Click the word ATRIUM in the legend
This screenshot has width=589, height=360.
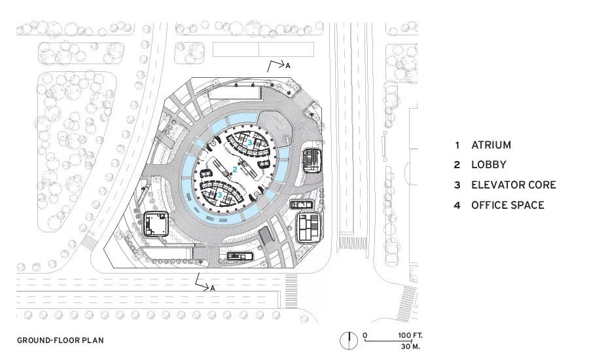tap(491, 145)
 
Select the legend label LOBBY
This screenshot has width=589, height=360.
tap(489, 164)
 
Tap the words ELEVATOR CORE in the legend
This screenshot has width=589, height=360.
tap(514, 185)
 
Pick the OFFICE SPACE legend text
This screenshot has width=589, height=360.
tap(508, 205)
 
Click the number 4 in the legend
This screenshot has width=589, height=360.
tap(457, 205)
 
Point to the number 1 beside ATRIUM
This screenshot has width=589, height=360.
tap(457, 145)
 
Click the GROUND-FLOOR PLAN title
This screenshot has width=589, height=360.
tap(60, 340)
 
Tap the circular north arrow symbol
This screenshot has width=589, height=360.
tap(349, 341)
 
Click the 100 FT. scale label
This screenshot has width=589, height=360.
tap(410, 335)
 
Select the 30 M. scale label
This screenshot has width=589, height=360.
tap(410, 346)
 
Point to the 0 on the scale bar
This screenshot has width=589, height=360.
tap(365, 335)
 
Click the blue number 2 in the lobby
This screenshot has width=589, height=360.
tap(235, 170)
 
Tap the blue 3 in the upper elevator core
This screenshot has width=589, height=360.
tap(250, 142)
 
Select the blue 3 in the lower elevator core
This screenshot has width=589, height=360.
tap(220, 194)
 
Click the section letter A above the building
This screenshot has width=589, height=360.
tap(288, 65)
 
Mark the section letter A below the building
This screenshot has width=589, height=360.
tap(213, 288)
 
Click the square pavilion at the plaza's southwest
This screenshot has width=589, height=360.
tap(156, 225)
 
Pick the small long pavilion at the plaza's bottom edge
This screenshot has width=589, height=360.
tap(240, 257)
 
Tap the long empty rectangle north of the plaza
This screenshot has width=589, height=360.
tap(263, 49)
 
